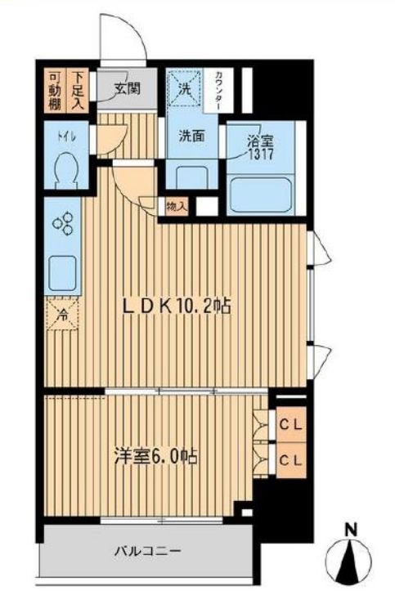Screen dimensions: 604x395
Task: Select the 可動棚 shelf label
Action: point(54,89)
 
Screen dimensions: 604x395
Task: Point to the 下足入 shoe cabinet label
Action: point(78,89)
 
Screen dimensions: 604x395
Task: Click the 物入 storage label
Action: point(176,206)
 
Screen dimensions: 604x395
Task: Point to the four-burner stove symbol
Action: point(63,225)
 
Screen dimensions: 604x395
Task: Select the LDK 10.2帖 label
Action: point(176,306)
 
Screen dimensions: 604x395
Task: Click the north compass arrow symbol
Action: point(351,563)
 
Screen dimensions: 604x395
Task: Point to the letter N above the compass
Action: point(351,530)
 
